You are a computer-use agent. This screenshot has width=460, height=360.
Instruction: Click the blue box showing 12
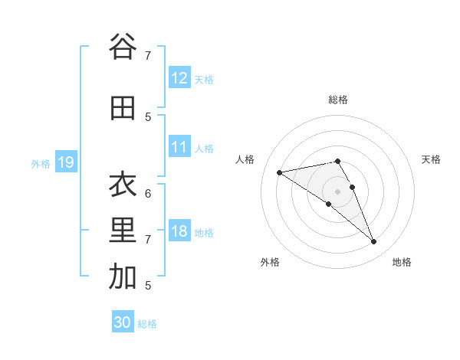coord(179,78)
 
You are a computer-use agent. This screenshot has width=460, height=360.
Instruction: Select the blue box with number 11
coord(179,147)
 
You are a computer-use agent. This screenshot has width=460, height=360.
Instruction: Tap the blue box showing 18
coord(179,232)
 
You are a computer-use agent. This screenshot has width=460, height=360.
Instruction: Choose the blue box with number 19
coord(65,162)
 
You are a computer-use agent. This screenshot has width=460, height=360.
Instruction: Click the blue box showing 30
coord(123,322)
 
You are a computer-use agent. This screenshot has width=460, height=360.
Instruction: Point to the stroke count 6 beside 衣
coord(148,193)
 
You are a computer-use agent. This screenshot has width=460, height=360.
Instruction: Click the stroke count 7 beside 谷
coord(148,55)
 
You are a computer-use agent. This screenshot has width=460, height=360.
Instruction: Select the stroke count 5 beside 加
coord(148,285)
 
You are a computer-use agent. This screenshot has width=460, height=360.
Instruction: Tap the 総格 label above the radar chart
coord(338,100)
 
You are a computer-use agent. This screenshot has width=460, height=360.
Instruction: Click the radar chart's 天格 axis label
coord(432,159)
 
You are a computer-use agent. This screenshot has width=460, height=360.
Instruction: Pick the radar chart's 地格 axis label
coord(402,262)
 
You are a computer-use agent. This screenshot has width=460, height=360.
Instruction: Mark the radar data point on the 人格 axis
coord(279,172)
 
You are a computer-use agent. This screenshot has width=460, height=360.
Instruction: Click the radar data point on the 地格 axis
coord(374,242)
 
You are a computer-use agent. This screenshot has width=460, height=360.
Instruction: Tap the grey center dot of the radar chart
coord(338,191)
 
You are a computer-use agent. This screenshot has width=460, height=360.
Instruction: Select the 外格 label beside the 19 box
coord(41,163)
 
